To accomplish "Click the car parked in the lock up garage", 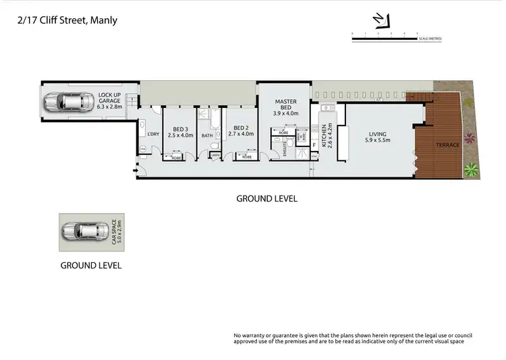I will (x=68, y=102).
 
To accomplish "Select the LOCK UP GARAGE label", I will (x=109, y=100).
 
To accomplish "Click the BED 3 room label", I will (x=179, y=132).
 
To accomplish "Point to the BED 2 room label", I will (x=242, y=132).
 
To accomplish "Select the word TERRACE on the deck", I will (x=448, y=145).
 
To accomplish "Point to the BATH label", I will (x=206, y=135).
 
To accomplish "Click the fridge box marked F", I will (x=314, y=145).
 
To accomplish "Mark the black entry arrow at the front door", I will (x=136, y=169).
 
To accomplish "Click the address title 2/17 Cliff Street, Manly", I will (x=67, y=20).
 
